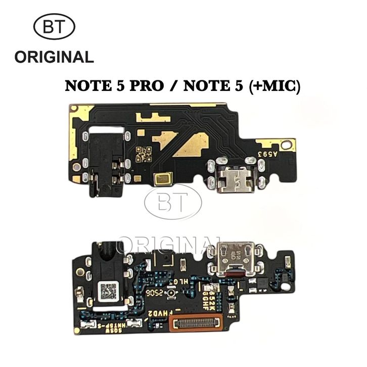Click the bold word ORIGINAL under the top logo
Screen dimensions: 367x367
(54, 57)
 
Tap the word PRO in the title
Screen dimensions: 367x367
(145, 86)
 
